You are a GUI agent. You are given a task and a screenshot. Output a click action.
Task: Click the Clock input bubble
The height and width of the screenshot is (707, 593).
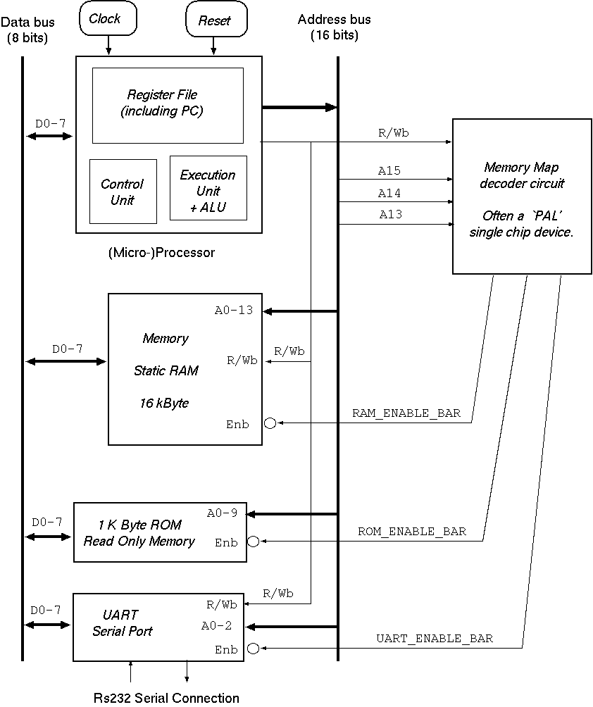[105, 19]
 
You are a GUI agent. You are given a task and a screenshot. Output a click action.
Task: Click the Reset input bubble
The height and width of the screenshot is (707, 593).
[214, 20]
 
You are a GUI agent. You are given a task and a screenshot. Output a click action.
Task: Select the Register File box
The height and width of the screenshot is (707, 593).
[168, 105]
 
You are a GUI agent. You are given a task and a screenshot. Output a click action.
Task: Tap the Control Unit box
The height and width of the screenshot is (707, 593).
[123, 192]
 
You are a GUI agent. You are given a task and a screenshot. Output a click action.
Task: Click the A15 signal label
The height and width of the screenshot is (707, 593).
[389, 171]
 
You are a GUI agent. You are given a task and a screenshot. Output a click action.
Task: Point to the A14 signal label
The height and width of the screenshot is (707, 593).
[389, 194]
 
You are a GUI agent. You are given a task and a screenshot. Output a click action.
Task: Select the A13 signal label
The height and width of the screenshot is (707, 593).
[389, 215]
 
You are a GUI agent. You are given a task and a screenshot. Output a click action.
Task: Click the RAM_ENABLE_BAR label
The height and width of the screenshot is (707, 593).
[406, 413]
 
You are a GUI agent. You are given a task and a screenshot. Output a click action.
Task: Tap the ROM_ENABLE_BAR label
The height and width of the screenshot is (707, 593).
[412, 532]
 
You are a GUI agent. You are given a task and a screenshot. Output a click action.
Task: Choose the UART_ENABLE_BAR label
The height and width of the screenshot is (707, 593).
[435, 639]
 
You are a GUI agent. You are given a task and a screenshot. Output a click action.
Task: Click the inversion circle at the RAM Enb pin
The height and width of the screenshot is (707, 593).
[270, 423]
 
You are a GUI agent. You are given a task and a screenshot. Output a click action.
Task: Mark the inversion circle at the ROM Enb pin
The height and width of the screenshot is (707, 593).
[254, 542]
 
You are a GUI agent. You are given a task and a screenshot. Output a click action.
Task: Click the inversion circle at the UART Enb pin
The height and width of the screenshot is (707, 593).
[253, 649]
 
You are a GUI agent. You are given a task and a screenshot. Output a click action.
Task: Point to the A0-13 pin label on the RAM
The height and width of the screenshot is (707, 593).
[233, 311]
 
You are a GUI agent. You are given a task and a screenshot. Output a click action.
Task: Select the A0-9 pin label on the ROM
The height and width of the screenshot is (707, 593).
[222, 513]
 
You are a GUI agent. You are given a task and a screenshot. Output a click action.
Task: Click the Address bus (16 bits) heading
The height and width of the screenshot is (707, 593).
[335, 27]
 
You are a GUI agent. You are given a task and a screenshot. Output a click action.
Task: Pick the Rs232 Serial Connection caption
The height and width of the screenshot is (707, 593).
[167, 698]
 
